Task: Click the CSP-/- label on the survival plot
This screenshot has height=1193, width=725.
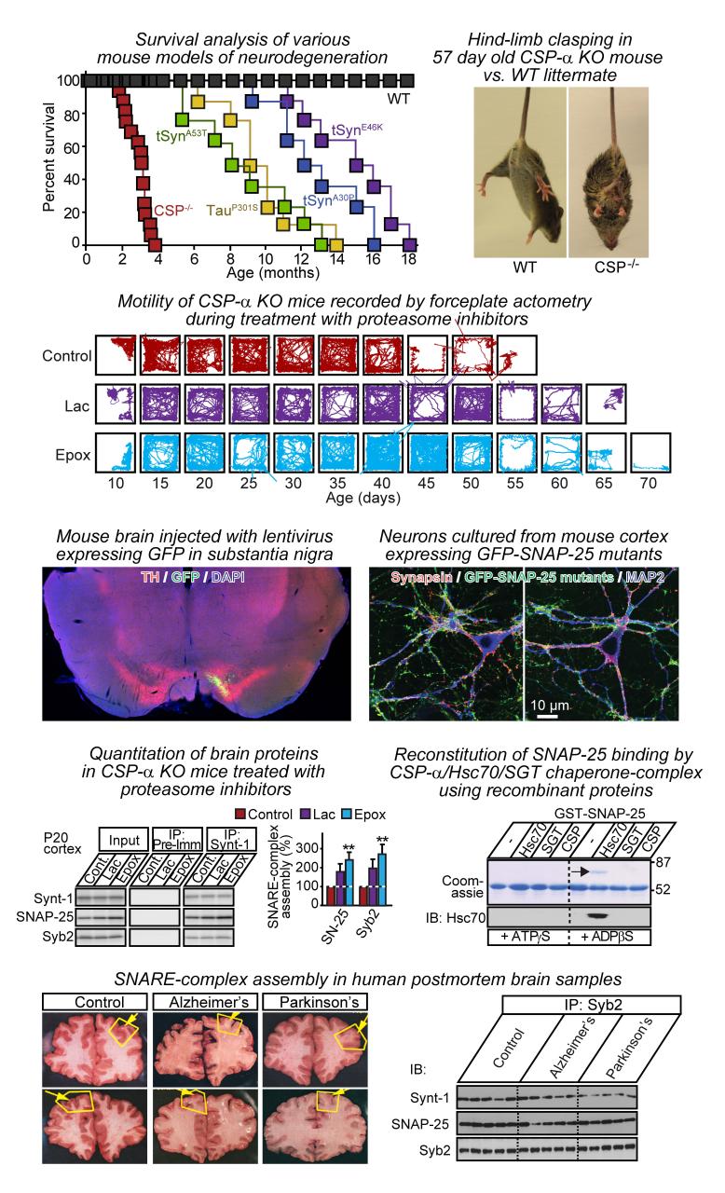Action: pyautogui.click(x=173, y=211)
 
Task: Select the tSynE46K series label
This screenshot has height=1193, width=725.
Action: pyautogui.click(x=357, y=130)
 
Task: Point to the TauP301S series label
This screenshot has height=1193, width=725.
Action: pyautogui.click(x=232, y=210)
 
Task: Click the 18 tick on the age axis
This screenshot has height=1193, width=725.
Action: pyautogui.click(x=408, y=259)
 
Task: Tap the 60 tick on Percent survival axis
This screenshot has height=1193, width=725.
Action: pyautogui.click(x=72, y=147)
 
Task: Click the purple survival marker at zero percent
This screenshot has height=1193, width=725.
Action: pyautogui.click(x=409, y=245)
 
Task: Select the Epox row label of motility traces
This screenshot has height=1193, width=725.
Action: pyautogui.click(x=73, y=455)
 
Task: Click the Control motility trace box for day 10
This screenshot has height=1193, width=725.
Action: pyautogui.click(x=116, y=355)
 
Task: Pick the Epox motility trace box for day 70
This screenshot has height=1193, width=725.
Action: pyautogui.click(x=650, y=453)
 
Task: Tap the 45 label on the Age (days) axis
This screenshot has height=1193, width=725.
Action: pyautogui.click(x=427, y=483)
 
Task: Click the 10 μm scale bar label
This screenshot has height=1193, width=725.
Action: pyautogui.click(x=550, y=706)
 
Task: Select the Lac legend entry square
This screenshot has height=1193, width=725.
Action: pyautogui.click(x=306, y=815)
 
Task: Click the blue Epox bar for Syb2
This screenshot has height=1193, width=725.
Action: pyautogui.click(x=382, y=879)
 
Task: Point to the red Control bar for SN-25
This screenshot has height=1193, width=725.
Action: pyautogui.click(x=331, y=896)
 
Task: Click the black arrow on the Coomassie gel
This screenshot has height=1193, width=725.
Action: pyautogui.click(x=581, y=871)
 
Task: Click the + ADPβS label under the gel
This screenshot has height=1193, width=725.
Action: pyautogui.click(x=607, y=937)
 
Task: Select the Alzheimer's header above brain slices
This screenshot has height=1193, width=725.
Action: pyautogui.click(x=209, y=1002)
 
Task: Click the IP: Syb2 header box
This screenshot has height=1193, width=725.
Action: pyautogui.click(x=592, y=1005)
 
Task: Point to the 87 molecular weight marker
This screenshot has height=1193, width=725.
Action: pyautogui.click(x=663, y=862)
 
